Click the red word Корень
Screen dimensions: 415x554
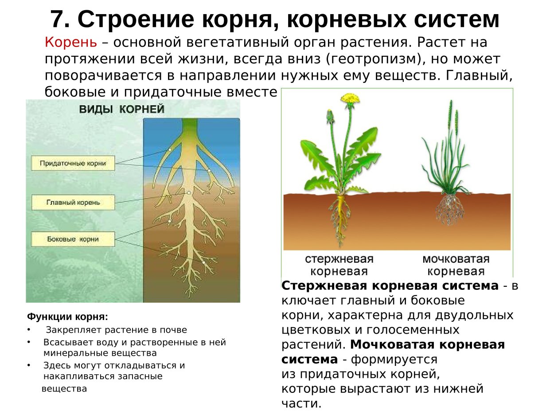[x=70, y=42]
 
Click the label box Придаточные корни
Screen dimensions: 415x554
[x=73, y=163]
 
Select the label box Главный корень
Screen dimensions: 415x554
[x=73, y=202]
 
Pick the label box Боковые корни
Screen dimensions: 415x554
[x=73, y=239]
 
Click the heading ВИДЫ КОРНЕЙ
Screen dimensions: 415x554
[x=121, y=109]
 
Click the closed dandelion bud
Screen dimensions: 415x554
[x=330, y=117]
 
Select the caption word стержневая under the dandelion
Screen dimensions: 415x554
[x=339, y=259]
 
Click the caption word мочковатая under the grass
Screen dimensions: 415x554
[x=455, y=259]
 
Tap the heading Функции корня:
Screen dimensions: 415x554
[x=67, y=317]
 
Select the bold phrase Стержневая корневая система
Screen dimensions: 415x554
[x=390, y=286]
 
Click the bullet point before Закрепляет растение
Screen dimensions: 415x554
[x=29, y=330]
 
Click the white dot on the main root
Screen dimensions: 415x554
[x=189, y=193]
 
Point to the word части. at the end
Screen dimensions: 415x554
[x=301, y=404]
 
